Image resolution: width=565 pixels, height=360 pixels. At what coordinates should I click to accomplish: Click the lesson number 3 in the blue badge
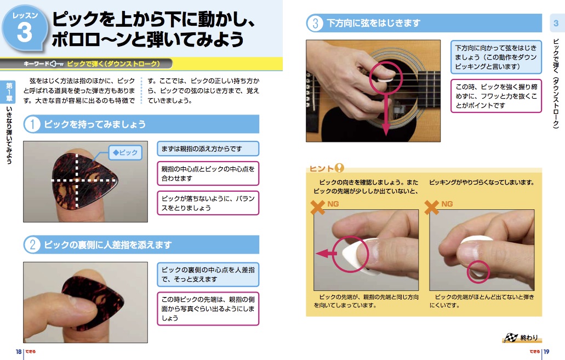tap(24, 32)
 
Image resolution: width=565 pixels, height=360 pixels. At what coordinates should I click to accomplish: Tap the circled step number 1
tap(32, 124)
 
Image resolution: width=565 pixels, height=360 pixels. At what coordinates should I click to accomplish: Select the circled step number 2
tap(32, 245)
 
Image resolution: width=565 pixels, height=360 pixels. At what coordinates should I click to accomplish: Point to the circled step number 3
tap(315, 23)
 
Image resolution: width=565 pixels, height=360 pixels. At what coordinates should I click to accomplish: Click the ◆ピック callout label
tap(125, 152)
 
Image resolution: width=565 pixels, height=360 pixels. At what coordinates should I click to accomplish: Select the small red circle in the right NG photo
tap(478, 271)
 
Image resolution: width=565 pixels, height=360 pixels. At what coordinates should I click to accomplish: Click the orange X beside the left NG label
tap(317, 207)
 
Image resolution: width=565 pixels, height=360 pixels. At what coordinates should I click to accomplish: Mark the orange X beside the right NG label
tap(431, 207)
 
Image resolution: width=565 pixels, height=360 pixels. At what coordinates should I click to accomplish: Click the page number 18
tap(19, 352)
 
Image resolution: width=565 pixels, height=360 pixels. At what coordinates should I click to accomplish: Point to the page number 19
tap(546, 352)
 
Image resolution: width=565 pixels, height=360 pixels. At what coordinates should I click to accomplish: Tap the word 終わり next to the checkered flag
tap(529, 338)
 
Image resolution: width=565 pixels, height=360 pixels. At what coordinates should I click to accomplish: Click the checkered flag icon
tap(511, 338)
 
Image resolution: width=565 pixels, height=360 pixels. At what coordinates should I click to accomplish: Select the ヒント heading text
tap(322, 169)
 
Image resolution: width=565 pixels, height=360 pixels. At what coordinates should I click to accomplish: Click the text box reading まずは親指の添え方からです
tap(208, 148)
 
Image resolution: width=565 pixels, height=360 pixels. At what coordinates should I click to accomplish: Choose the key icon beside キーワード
tap(56, 64)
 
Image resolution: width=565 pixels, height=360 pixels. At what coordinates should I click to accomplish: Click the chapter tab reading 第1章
tap(9, 92)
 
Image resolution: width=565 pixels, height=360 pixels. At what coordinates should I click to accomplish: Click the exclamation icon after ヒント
tap(339, 168)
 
